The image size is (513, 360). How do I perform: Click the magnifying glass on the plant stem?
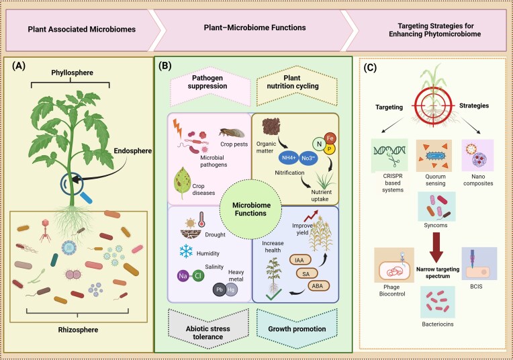pos(73,184)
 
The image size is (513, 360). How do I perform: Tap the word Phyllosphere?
pos(72,73)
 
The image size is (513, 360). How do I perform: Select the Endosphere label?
pos(133,151)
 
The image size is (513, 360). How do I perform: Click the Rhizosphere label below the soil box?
pos(78,330)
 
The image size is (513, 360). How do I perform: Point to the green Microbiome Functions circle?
pos(250,210)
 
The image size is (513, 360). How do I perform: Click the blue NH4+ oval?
pos(289,158)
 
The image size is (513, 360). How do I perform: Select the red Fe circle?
pos(330,138)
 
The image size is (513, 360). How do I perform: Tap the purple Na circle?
pos(183,276)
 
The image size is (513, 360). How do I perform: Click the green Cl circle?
pos(198,276)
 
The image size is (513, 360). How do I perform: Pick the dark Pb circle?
pos(219,289)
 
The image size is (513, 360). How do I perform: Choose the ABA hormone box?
pos(318,286)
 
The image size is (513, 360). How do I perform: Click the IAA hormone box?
pos(299,260)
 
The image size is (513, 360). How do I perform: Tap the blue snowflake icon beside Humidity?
pos(186,251)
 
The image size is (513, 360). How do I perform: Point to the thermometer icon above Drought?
pos(201,219)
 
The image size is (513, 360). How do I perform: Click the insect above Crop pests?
pos(232,132)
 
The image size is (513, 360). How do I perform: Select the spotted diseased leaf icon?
pos(183,183)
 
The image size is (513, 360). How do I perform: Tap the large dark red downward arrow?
pos(436,247)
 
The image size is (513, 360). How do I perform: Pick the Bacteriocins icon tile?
pos(437,302)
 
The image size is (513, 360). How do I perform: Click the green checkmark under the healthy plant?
pos(274,295)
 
